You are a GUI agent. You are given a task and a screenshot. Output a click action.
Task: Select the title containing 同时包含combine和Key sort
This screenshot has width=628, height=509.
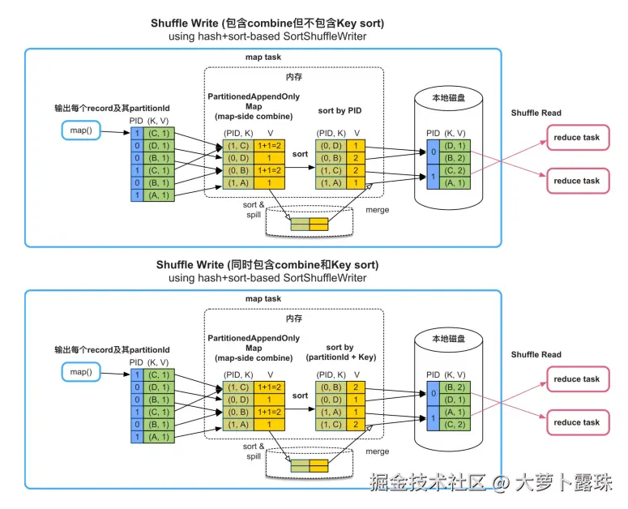pos(267,265)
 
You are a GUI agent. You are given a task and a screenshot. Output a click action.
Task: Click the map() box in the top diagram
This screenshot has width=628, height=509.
pos(79,130)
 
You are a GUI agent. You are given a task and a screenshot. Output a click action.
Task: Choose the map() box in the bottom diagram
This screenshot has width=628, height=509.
pos(79,371)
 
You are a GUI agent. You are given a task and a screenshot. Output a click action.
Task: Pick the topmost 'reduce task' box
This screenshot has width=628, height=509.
pos(576,138)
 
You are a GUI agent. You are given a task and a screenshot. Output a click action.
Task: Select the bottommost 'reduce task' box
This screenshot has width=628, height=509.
pos(576,422)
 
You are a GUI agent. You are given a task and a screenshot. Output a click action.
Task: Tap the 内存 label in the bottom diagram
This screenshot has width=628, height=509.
pos(293,319)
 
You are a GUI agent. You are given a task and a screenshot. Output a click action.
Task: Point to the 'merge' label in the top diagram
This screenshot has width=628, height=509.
pos(377,210)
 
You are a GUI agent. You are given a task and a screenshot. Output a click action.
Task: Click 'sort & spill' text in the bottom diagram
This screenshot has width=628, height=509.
pos(254,451)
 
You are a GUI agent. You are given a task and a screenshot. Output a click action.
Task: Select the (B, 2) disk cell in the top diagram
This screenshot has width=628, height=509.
pos(455,158)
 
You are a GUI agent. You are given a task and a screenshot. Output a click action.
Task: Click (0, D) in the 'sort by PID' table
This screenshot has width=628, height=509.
pos(331,147)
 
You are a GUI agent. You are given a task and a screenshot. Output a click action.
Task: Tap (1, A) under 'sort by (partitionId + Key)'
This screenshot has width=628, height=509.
pos(331,412)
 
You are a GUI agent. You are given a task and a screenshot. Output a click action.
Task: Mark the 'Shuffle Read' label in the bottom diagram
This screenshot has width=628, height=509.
pos(536,355)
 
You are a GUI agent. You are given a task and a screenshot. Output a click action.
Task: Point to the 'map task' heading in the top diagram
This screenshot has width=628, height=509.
pos(263,58)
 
